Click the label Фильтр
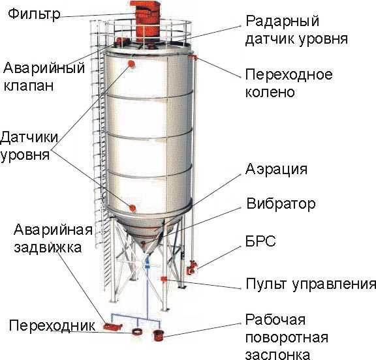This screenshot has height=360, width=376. click(34, 14)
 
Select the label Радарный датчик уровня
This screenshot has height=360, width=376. click(296, 30)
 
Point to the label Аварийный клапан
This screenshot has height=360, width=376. click(44, 76)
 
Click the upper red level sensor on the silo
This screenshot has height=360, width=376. click(131, 64)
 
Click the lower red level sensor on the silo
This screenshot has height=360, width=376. click(133, 208)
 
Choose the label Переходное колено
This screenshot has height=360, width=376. click(289, 83)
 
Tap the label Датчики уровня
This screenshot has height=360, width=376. click(29, 146)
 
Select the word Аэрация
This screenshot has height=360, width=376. click(276, 169)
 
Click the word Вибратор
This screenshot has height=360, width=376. click(281, 204)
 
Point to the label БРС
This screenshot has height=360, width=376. click(260, 241)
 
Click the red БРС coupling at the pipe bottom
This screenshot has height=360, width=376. click(192, 268)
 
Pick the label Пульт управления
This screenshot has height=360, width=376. click(311, 284)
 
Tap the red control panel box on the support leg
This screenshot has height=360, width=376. click(164, 278)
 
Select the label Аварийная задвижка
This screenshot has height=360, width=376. click(53, 239)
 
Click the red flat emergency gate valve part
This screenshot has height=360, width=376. click(113, 327)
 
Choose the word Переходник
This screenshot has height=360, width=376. click(52, 325)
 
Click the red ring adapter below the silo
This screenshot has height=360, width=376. click(137, 332)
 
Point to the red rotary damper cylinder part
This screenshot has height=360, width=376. click(158, 335)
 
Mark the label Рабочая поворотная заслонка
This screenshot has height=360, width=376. click(287, 337)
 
